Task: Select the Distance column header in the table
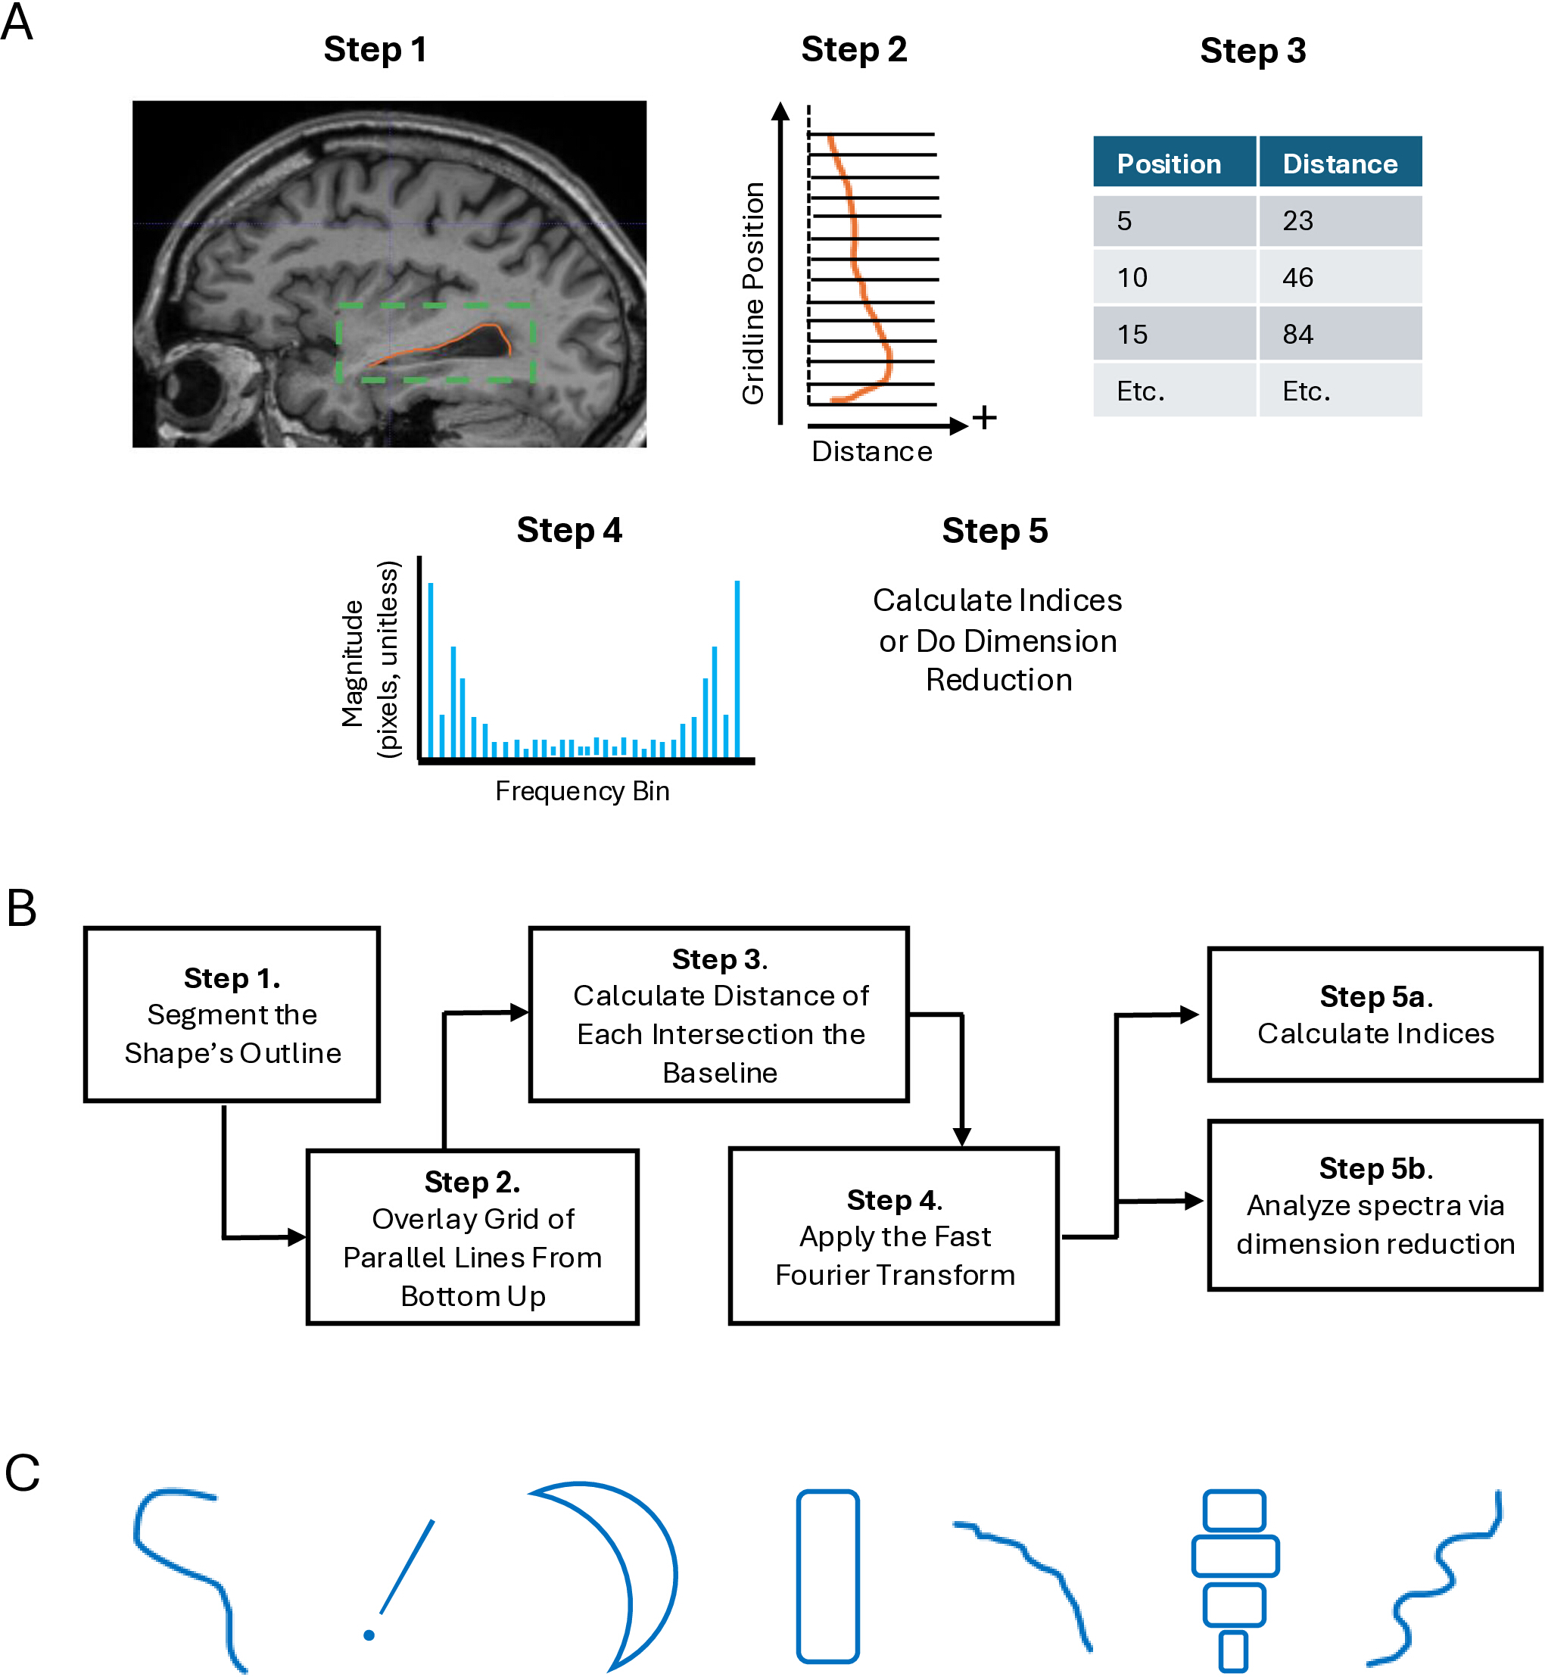point(1340,162)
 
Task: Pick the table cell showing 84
point(1340,334)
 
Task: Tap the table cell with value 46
point(1340,276)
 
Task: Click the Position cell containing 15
point(1174,334)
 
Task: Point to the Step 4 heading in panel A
point(569,530)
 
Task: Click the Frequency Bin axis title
point(583,791)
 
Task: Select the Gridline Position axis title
point(753,292)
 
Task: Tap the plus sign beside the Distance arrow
point(985,417)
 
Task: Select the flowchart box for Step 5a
point(1375,1014)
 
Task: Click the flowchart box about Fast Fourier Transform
point(894,1236)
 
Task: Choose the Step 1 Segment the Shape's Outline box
point(232,1014)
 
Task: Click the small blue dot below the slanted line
point(369,1635)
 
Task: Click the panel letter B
point(22,908)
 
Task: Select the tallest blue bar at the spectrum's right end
point(737,669)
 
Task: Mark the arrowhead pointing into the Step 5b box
point(1194,1202)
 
